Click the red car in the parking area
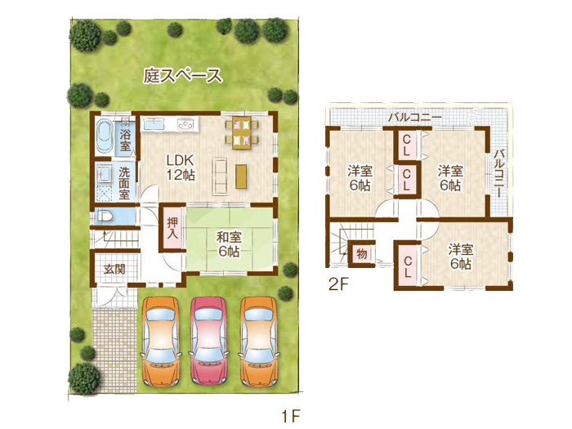pos(208,341)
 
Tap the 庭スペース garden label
pos(182,75)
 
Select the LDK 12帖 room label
pos(181,168)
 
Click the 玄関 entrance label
pos(114,270)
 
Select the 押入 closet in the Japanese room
pos(172,228)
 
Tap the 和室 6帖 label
pos(229,244)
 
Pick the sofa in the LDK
pos(220,176)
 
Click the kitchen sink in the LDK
pos(154,125)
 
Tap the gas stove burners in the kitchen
pos(185,124)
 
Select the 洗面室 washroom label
pos(124,183)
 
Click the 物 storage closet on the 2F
pos(361,253)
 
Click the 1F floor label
pos(291,415)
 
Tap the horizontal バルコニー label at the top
pos(415,118)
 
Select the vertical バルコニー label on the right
pos(499,173)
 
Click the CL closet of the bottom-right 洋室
pos(408,266)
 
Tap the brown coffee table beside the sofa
pos(241,177)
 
